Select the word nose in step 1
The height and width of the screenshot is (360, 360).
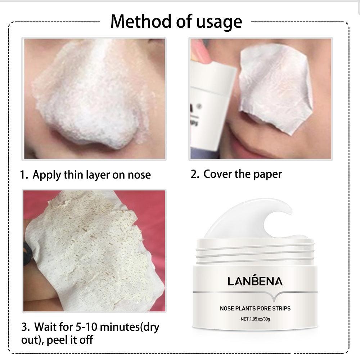tap(139, 176)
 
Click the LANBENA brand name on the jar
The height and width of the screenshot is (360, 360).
tap(255, 281)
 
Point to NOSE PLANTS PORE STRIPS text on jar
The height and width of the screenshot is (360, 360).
tap(255, 309)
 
